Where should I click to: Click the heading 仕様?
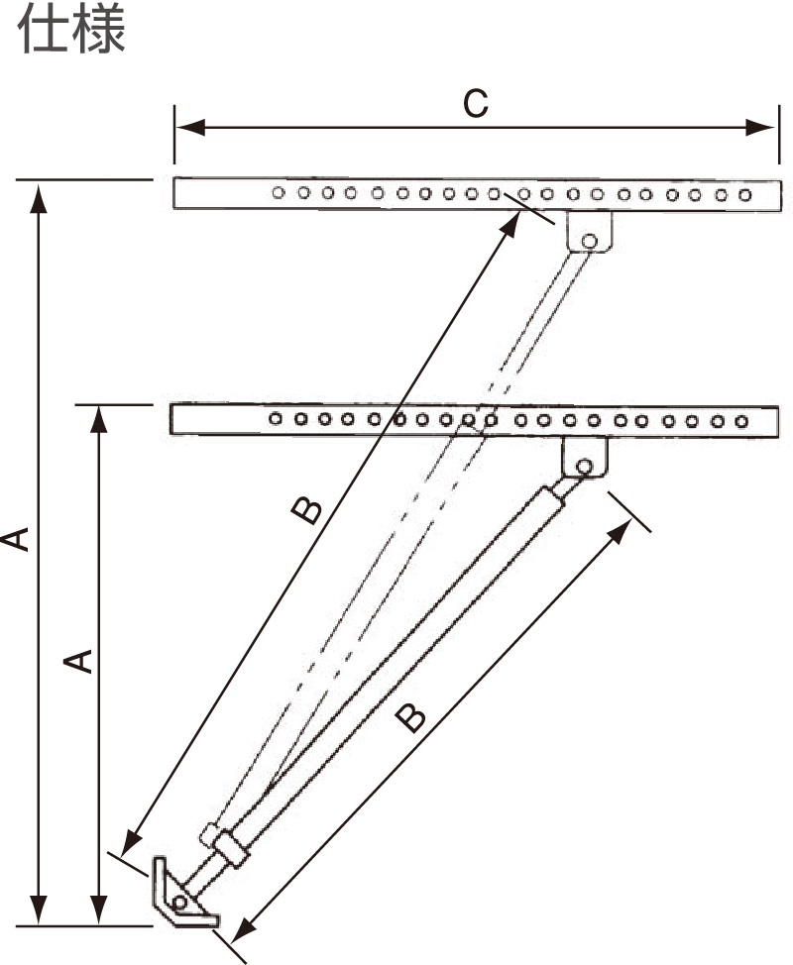click(71, 29)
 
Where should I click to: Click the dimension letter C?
click(476, 103)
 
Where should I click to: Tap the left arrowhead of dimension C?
click(190, 128)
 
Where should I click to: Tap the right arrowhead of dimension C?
click(759, 128)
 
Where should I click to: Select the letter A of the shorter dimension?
click(78, 661)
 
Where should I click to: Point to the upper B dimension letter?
click(306, 511)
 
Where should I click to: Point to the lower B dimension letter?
click(410, 718)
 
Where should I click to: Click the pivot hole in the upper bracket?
click(589, 241)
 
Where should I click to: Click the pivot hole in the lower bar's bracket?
click(584, 467)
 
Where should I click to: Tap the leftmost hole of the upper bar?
click(279, 192)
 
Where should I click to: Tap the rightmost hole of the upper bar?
click(745, 195)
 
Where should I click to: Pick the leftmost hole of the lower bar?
click(276, 418)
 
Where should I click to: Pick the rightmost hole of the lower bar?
click(741, 422)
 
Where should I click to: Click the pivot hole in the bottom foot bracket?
click(179, 903)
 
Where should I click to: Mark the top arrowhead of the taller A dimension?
click(39, 198)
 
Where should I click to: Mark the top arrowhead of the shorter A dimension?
click(98, 422)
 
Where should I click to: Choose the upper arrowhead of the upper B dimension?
click(510, 225)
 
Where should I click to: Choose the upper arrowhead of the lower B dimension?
click(620, 533)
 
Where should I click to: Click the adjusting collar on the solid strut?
click(232, 849)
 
